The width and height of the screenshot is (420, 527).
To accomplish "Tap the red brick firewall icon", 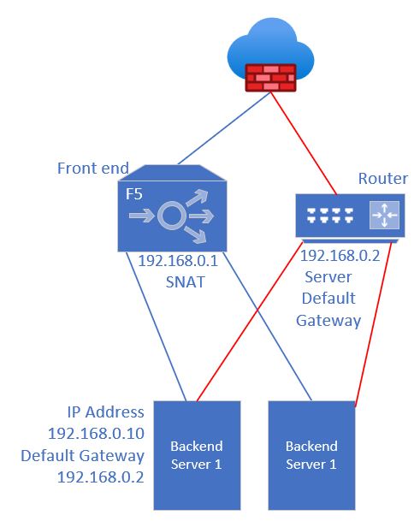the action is [271, 78].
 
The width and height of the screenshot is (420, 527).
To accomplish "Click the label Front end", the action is [93, 168].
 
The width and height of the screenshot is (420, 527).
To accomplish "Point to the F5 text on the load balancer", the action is [133, 194].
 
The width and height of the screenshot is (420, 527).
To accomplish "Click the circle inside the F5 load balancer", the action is [172, 216].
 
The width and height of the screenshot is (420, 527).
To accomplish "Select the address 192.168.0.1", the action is [178, 261].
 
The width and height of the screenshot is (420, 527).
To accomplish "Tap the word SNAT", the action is [185, 282].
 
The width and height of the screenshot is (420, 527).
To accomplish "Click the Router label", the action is [383, 179].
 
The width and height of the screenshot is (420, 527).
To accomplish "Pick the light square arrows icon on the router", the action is [384, 216].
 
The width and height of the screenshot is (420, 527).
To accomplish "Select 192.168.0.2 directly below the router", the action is [340, 256].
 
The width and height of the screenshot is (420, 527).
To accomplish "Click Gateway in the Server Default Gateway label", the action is [328, 321].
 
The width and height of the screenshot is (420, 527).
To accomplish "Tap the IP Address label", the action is [105, 412].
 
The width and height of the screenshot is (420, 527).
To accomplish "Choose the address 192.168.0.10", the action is [96, 434].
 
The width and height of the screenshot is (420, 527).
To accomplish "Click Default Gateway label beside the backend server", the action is [83, 456].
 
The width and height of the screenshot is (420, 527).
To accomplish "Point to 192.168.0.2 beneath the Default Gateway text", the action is [100, 477].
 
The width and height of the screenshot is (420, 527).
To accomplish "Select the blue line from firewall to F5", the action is [224, 128].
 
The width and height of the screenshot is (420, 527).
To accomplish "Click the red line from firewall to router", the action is [304, 143].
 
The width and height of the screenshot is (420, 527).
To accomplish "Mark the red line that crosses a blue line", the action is [250, 322].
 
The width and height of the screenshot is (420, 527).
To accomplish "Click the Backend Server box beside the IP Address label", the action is [197, 455].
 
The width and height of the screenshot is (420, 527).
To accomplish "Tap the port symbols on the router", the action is [330, 216].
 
